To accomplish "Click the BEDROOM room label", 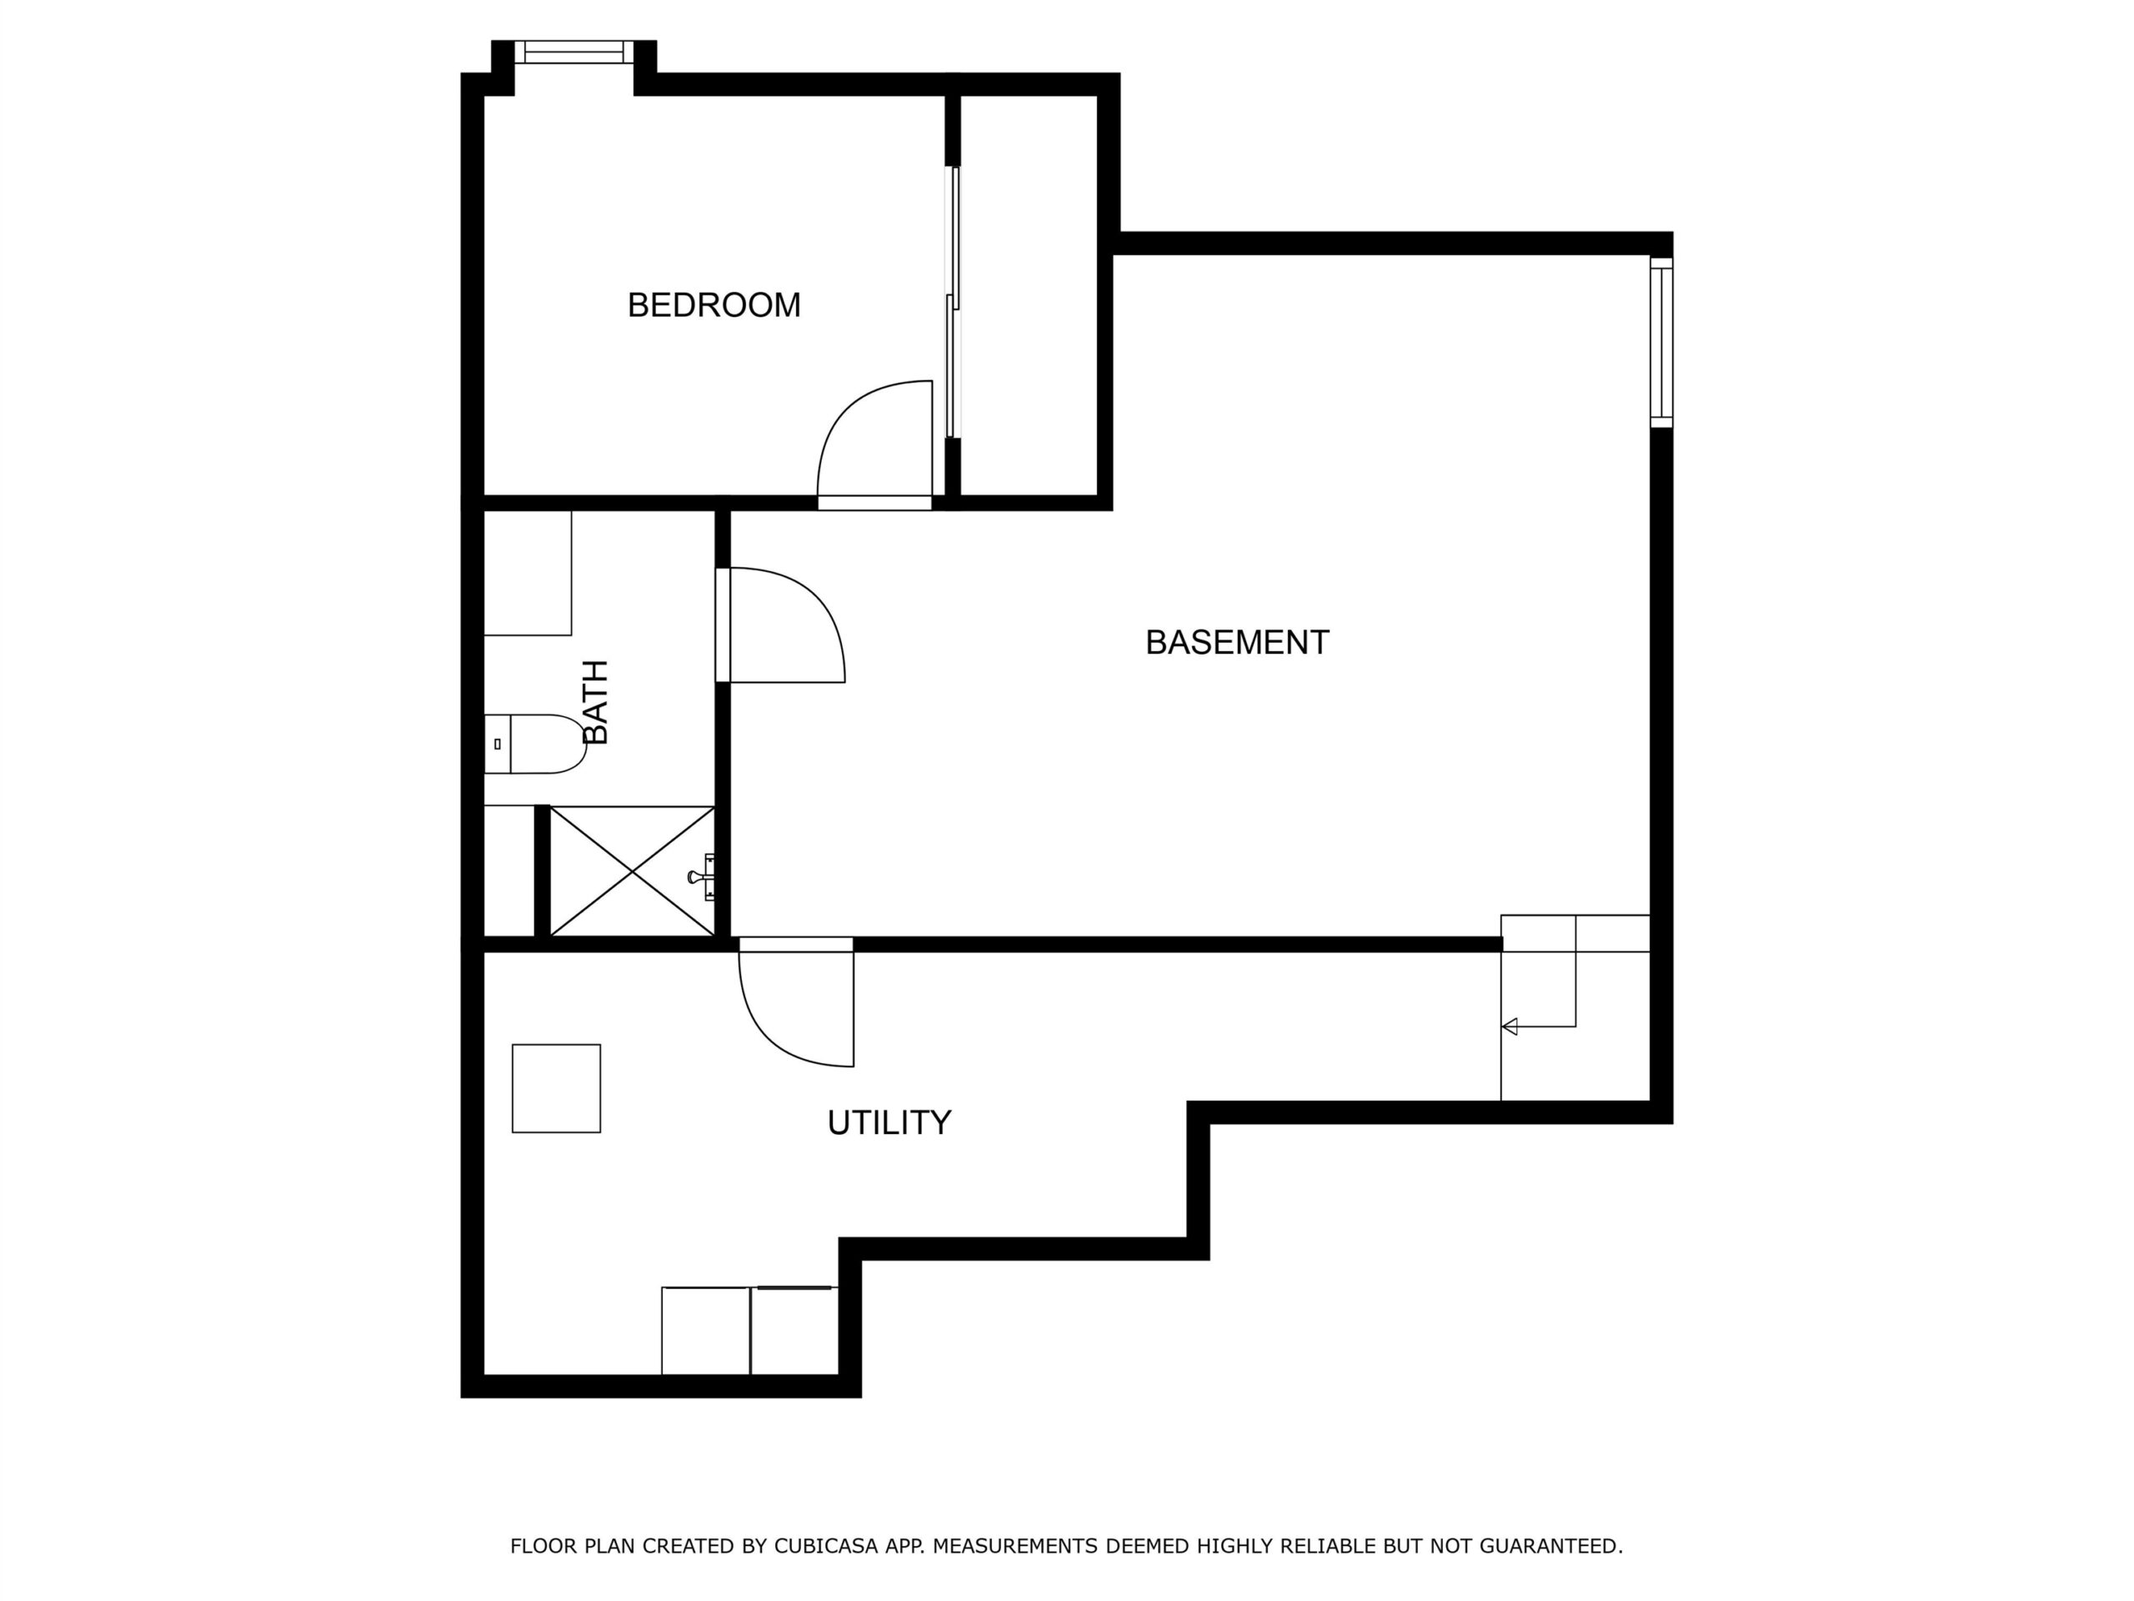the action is (x=714, y=305).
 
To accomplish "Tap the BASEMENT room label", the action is (x=1237, y=643).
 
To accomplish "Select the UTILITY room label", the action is (x=889, y=1122).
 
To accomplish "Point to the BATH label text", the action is (x=596, y=703).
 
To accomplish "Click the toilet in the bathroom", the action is (x=534, y=744).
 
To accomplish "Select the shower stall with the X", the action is (x=632, y=871).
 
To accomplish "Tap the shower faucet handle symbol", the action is (x=703, y=876).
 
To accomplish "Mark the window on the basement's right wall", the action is (x=1661, y=343).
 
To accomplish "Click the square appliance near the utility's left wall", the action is (x=557, y=1088).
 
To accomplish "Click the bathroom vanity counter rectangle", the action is (x=528, y=573).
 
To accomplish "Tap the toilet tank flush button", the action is (x=498, y=744).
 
